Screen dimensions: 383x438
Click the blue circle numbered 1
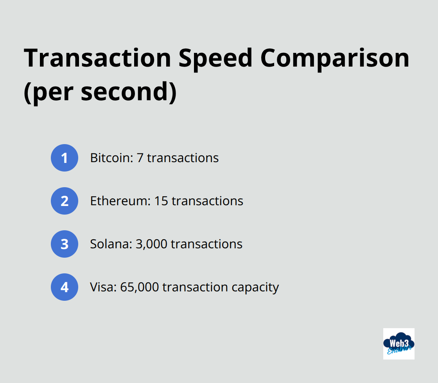click(65, 158)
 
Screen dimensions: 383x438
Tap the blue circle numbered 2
click(65, 201)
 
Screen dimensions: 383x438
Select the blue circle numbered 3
click(65, 244)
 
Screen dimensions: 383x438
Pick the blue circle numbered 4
click(65, 287)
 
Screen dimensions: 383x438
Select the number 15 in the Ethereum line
click(161, 201)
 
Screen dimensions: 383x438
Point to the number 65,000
click(140, 287)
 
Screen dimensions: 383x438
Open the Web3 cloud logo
click(399, 343)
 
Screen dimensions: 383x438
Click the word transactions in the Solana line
click(206, 244)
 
